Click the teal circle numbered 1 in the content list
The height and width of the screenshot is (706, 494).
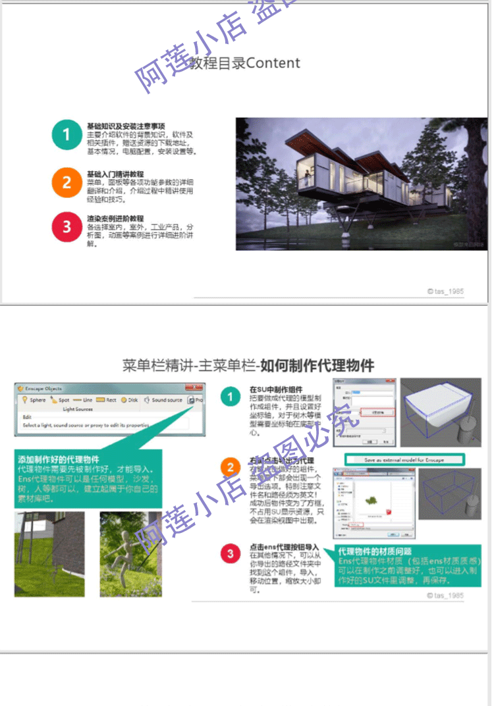tap(66, 135)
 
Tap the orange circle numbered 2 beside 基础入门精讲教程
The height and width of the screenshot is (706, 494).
tap(66, 182)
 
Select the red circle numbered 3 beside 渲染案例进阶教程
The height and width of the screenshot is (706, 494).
tap(66, 228)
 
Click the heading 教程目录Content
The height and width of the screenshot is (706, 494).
tap(245, 63)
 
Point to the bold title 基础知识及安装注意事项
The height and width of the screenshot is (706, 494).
tap(126, 126)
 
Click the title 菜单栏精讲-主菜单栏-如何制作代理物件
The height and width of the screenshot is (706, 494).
tap(248, 365)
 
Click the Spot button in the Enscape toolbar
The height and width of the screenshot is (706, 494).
tap(60, 400)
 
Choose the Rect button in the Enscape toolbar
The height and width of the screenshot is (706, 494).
tap(106, 400)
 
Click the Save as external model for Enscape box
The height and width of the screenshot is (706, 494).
tap(404, 459)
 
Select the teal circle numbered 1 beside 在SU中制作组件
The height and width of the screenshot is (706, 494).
tap(230, 397)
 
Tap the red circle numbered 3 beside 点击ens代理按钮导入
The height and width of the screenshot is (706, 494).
tap(230, 554)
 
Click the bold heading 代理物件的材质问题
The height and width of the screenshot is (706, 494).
tap(373, 551)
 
